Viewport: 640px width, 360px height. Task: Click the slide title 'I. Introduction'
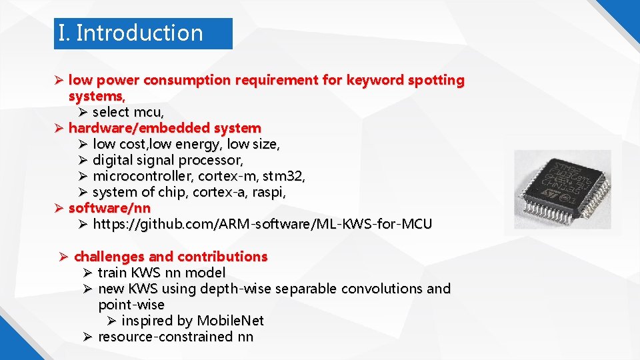click(131, 33)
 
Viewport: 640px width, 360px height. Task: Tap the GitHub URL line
click(262, 224)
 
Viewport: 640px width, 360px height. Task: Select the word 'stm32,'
click(284, 176)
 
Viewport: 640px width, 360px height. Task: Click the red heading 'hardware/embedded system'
click(165, 128)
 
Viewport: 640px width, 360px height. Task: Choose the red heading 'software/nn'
click(109, 208)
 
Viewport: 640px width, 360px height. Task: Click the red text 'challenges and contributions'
click(171, 257)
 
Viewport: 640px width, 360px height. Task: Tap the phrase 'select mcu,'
click(128, 112)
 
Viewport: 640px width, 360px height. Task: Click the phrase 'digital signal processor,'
click(168, 160)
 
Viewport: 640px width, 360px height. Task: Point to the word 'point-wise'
click(131, 305)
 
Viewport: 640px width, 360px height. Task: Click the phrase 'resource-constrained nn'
click(175, 337)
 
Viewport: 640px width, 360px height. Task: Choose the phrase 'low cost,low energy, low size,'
click(186, 144)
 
